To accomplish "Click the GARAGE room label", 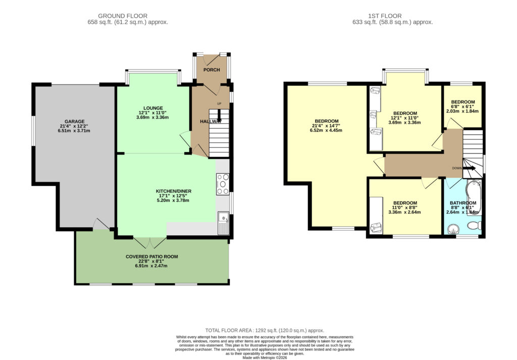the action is (75, 121).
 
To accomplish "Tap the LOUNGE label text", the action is (153, 108).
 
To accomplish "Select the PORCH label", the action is (212, 70).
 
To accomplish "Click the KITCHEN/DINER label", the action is (174, 191).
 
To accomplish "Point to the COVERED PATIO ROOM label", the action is (151, 256).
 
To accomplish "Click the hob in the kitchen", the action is (223, 184).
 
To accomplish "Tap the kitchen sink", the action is (223, 223).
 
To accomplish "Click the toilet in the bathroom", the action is (475, 226).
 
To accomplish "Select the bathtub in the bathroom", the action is (474, 197).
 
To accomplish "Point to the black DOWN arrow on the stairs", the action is (470, 168).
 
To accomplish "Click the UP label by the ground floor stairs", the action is (219, 104).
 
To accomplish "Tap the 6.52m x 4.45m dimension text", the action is (326, 130).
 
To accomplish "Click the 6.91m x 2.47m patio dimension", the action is (151, 266).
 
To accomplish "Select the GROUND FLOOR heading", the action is (123, 16).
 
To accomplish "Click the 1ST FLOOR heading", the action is (385, 16).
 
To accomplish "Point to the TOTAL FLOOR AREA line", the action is (265, 330).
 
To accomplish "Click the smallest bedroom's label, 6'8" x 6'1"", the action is (462, 107).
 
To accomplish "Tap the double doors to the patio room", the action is (150, 242).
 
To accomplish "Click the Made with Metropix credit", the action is (265, 357).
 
